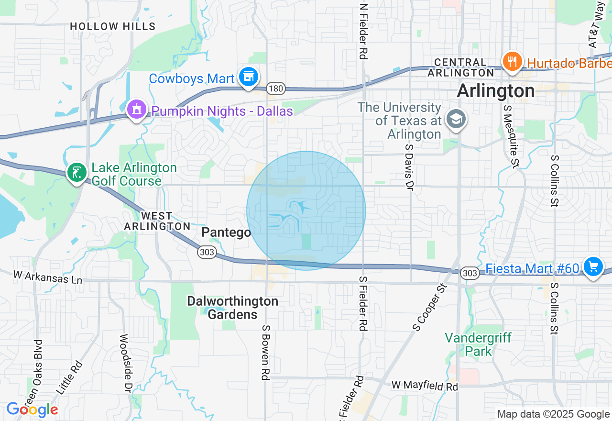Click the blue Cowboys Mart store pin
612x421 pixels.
[248, 77]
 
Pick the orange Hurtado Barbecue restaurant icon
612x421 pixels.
[512, 62]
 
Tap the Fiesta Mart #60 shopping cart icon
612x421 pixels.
[593, 266]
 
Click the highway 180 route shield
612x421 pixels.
[276, 89]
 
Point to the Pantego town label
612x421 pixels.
[226, 233]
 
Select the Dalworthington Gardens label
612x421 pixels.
[232, 308]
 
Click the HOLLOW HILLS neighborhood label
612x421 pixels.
[113, 26]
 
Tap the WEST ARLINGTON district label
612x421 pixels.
[157, 221]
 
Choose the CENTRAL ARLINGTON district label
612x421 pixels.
[460, 67]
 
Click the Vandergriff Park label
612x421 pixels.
[478, 344]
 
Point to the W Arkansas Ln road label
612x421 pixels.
[47, 277]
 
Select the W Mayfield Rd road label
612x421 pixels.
[425, 385]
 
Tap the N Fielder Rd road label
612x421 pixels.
[364, 32]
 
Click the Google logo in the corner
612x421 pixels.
[32, 410]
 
